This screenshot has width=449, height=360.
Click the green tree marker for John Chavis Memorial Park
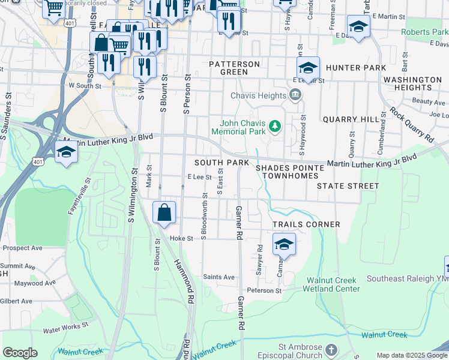click(274, 126)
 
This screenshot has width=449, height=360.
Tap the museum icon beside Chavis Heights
click(295, 95)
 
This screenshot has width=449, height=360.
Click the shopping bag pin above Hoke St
click(164, 213)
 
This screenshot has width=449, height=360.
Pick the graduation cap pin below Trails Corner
click(284, 244)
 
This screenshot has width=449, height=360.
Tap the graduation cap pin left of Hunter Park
click(308, 67)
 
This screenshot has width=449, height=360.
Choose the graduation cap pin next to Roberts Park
click(358, 27)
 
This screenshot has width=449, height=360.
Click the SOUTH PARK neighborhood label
click(221, 163)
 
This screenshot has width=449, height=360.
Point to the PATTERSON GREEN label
click(234, 68)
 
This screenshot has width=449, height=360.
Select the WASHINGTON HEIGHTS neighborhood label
click(412, 83)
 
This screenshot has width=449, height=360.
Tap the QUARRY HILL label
click(348, 119)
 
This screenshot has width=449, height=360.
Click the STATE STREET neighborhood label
click(348, 186)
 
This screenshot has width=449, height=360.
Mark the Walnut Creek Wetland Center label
click(332, 284)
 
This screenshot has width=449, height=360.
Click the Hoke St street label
click(181, 238)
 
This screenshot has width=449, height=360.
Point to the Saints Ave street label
click(218, 277)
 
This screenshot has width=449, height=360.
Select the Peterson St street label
click(265, 290)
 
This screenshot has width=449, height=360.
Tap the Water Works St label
click(65, 326)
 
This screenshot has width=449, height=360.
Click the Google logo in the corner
click(20, 353)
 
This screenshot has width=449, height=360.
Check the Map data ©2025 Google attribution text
click(412, 355)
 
